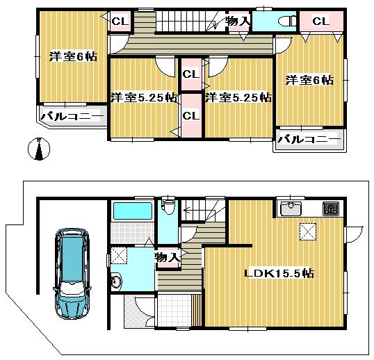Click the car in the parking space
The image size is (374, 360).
(x=72, y=273)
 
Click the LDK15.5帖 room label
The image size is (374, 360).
(x=279, y=274)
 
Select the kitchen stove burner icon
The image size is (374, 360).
(x=330, y=208)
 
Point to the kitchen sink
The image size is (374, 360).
(x=290, y=208)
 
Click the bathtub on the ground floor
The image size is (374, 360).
(x=132, y=211)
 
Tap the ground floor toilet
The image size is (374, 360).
(x=167, y=206)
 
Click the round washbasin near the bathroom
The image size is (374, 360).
(x=117, y=281)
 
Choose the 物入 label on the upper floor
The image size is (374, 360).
(x=238, y=22)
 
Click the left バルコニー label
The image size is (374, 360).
(x=72, y=116)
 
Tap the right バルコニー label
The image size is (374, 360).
(x=309, y=139)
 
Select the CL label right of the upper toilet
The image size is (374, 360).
(x=320, y=22)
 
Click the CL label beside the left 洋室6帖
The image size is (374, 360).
(x=120, y=21)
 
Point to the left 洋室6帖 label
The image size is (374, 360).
(x=72, y=58)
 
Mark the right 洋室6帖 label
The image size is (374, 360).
(x=309, y=81)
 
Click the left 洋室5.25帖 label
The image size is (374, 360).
(x=143, y=97)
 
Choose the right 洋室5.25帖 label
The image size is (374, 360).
(x=237, y=97)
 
